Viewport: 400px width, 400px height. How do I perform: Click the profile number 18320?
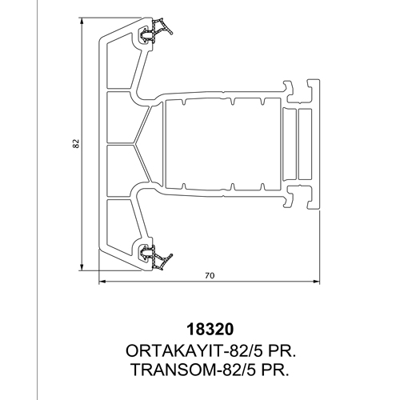[x=210, y=330]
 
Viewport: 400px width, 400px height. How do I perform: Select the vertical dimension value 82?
[x=76, y=143]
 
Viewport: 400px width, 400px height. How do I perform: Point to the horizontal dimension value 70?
[x=210, y=275]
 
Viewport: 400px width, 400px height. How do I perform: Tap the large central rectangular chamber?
[x=222, y=144]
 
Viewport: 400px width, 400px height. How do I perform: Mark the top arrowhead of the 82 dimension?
[x=82, y=20]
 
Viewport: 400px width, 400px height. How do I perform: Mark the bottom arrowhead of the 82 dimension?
[x=82, y=268]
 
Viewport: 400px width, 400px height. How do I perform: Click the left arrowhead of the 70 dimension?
[x=102, y=281]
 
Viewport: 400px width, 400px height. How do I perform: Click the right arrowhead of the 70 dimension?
[x=317, y=281]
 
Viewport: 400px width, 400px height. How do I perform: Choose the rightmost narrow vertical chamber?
[x=305, y=144]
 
